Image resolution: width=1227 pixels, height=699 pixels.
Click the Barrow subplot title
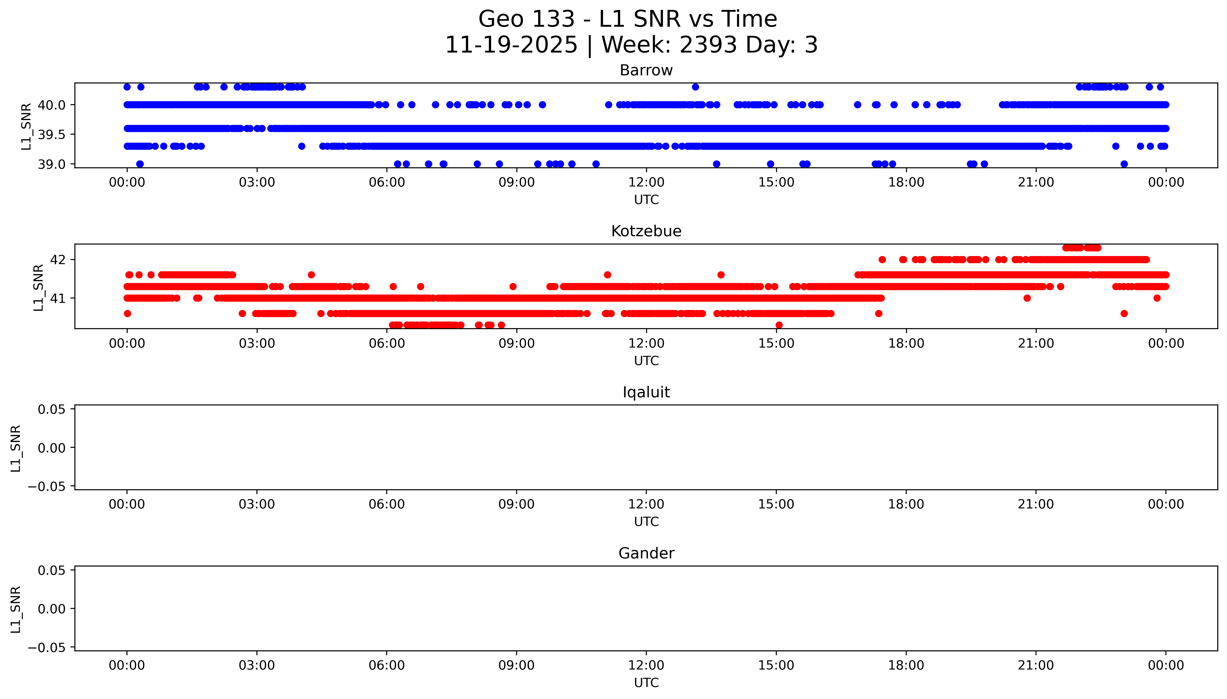click(x=646, y=71)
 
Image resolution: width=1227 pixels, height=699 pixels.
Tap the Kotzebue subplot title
click(x=646, y=231)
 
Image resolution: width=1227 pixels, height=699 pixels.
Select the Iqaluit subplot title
click(x=646, y=392)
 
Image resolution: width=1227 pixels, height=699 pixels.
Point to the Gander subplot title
click(x=646, y=554)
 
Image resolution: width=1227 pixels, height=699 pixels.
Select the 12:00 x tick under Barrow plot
click(x=646, y=183)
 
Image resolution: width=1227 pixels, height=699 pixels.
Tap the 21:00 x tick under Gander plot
click(x=1036, y=665)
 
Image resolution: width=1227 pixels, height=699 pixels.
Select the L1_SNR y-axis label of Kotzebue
click(x=38, y=287)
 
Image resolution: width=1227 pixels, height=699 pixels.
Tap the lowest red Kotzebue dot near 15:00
click(x=779, y=325)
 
